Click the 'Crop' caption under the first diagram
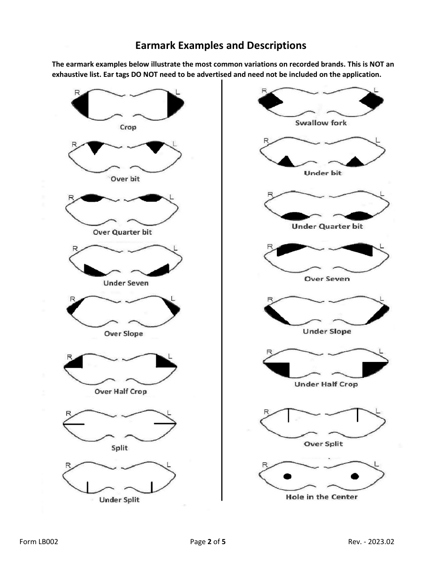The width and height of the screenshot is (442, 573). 128,127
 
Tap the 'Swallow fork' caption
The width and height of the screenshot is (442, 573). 321,123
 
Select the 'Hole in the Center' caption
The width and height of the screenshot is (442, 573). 321,497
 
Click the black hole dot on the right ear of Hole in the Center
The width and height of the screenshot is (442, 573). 288,476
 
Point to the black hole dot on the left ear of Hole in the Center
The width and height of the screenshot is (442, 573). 355,476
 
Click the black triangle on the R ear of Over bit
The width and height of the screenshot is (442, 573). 95,146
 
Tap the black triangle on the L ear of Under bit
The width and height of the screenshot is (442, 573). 355,162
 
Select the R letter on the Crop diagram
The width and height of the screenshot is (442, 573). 77,93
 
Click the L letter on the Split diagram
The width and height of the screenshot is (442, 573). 169,413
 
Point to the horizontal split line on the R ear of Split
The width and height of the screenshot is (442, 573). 74,424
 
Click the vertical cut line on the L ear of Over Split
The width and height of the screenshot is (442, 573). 357,415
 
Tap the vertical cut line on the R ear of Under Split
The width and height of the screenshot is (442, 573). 87,487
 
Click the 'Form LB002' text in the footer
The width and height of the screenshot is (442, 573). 39,542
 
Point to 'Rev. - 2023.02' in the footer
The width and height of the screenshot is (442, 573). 371,542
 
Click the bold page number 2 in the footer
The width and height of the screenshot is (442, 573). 209,542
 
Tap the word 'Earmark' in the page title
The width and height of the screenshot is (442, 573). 155,45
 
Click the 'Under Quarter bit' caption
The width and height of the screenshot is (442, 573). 327,226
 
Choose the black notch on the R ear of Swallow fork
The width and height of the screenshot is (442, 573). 270,101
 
